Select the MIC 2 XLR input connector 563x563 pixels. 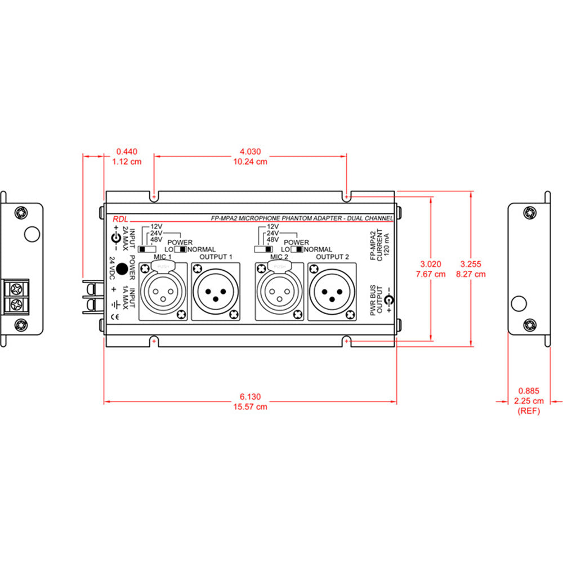point(279,291)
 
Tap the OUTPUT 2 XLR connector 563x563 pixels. point(332,291)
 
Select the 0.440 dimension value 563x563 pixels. point(127,151)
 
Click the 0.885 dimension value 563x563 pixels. point(529,391)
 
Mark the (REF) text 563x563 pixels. point(529,411)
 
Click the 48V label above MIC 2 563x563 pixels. point(272,240)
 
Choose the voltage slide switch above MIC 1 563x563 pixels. point(149,249)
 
